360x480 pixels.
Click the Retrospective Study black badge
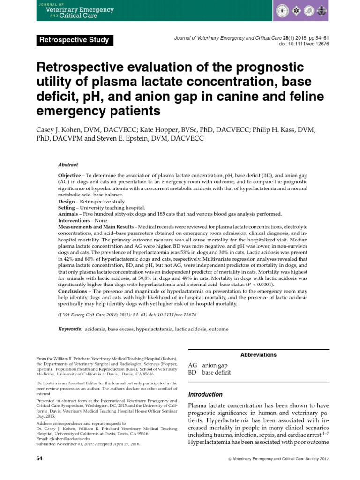tap(75, 40)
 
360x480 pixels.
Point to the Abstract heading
tap(68, 165)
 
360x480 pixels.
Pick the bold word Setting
tap(66, 208)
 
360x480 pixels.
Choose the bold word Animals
tap(68, 214)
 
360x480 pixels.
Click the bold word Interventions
tap(74, 220)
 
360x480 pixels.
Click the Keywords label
tap(70, 329)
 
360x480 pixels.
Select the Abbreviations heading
tap(258, 355)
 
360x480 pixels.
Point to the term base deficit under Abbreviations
tap(217, 373)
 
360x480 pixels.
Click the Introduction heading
tap(205, 394)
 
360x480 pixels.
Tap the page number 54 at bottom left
tap(39, 458)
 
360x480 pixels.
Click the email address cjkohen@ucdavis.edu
tap(63, 439)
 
